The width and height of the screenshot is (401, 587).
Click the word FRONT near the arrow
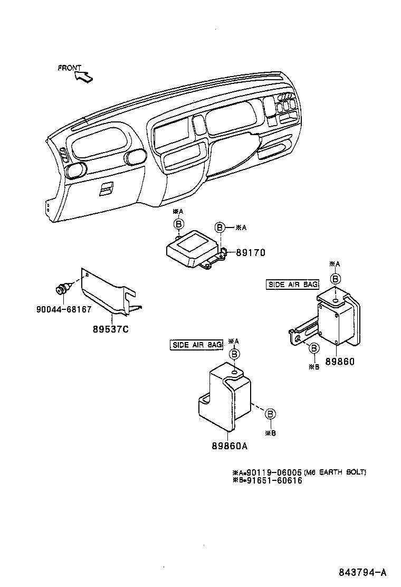(70, 68)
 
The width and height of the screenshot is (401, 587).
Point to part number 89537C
(111, 329)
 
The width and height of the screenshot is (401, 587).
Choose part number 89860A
(230, 446)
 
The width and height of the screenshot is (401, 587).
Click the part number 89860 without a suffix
(340, 362)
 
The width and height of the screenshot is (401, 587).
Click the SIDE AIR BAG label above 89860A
(196, 345)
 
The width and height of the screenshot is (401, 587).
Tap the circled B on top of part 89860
(336, 279)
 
